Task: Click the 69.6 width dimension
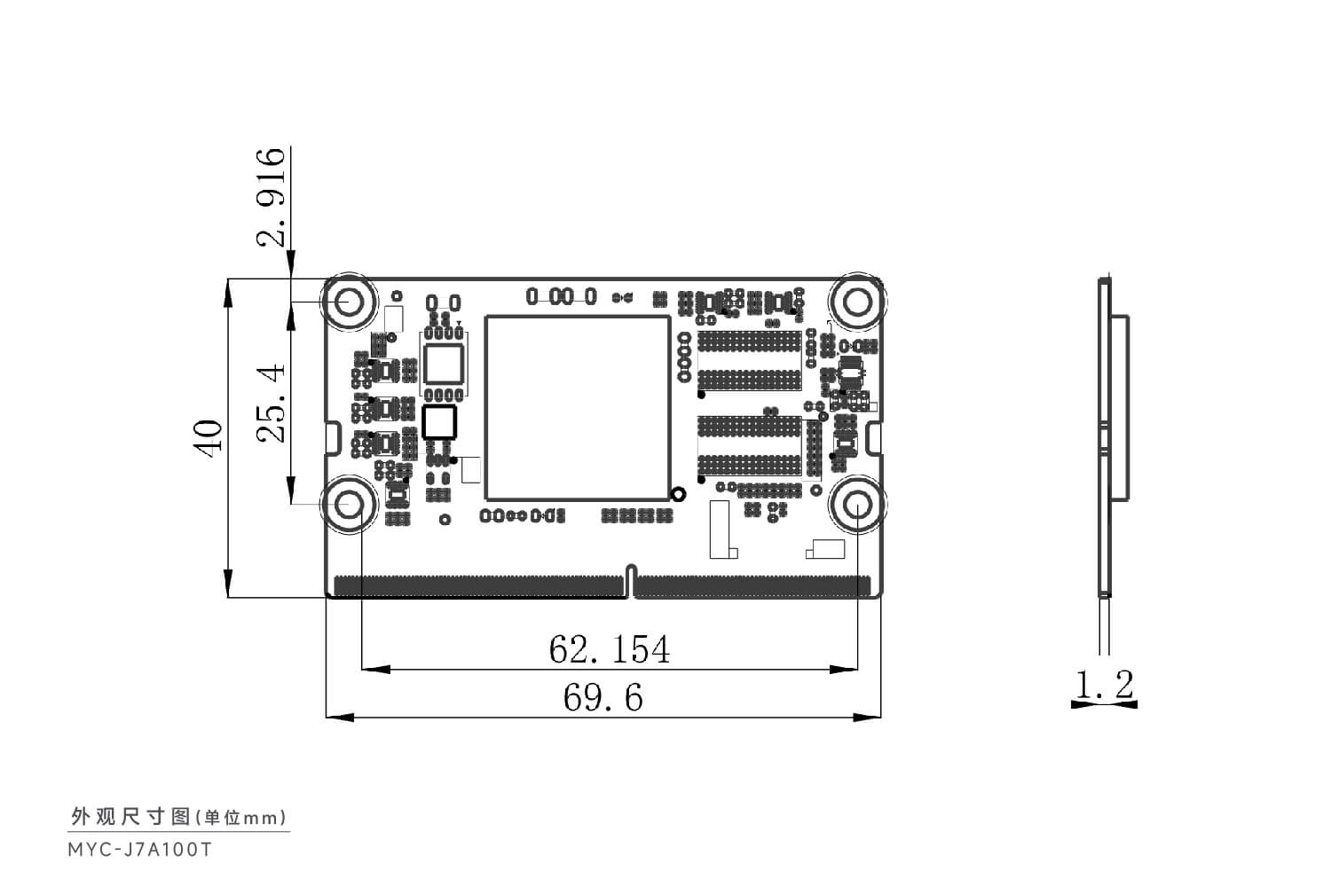pyautogui.click(x=603, y=697)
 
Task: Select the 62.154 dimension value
pyautogui.click(x=610, y=648)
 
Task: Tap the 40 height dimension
pyautogui.click(x=208, y=438)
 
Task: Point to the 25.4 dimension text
pyautogui.click(x=271, y=403)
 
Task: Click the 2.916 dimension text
pyautogui.click(x=271, y=197)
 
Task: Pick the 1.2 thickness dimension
pyautogui.click(x=1105, y=684)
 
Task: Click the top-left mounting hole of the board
pyautogui.click(x=349, y=302)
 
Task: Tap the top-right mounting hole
pyautogui.click(x=857, y=302)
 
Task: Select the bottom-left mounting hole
pyautogui.click(x=349, y=505)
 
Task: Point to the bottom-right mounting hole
pyautogui.click(x=857, y=505)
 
